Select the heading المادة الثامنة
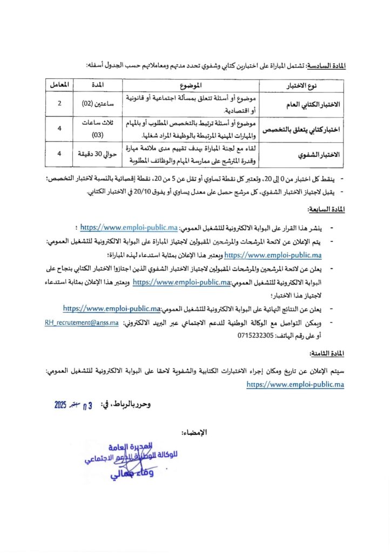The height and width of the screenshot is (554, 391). (x=328, y=354)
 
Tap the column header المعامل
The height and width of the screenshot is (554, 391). (x=58, y=85)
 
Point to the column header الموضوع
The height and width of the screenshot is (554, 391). (x=192, y=85)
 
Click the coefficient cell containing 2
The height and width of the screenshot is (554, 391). (x=58, y=103)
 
